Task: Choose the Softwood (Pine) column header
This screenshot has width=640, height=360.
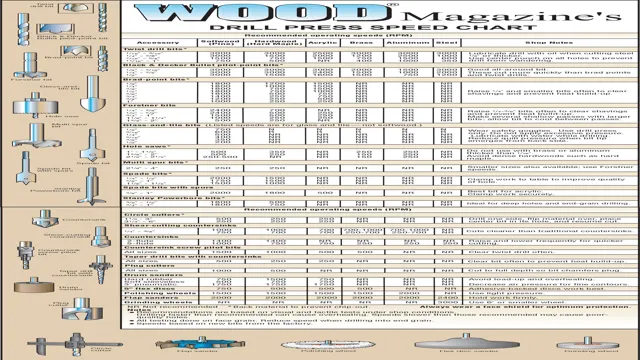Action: (x=221, y=42)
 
